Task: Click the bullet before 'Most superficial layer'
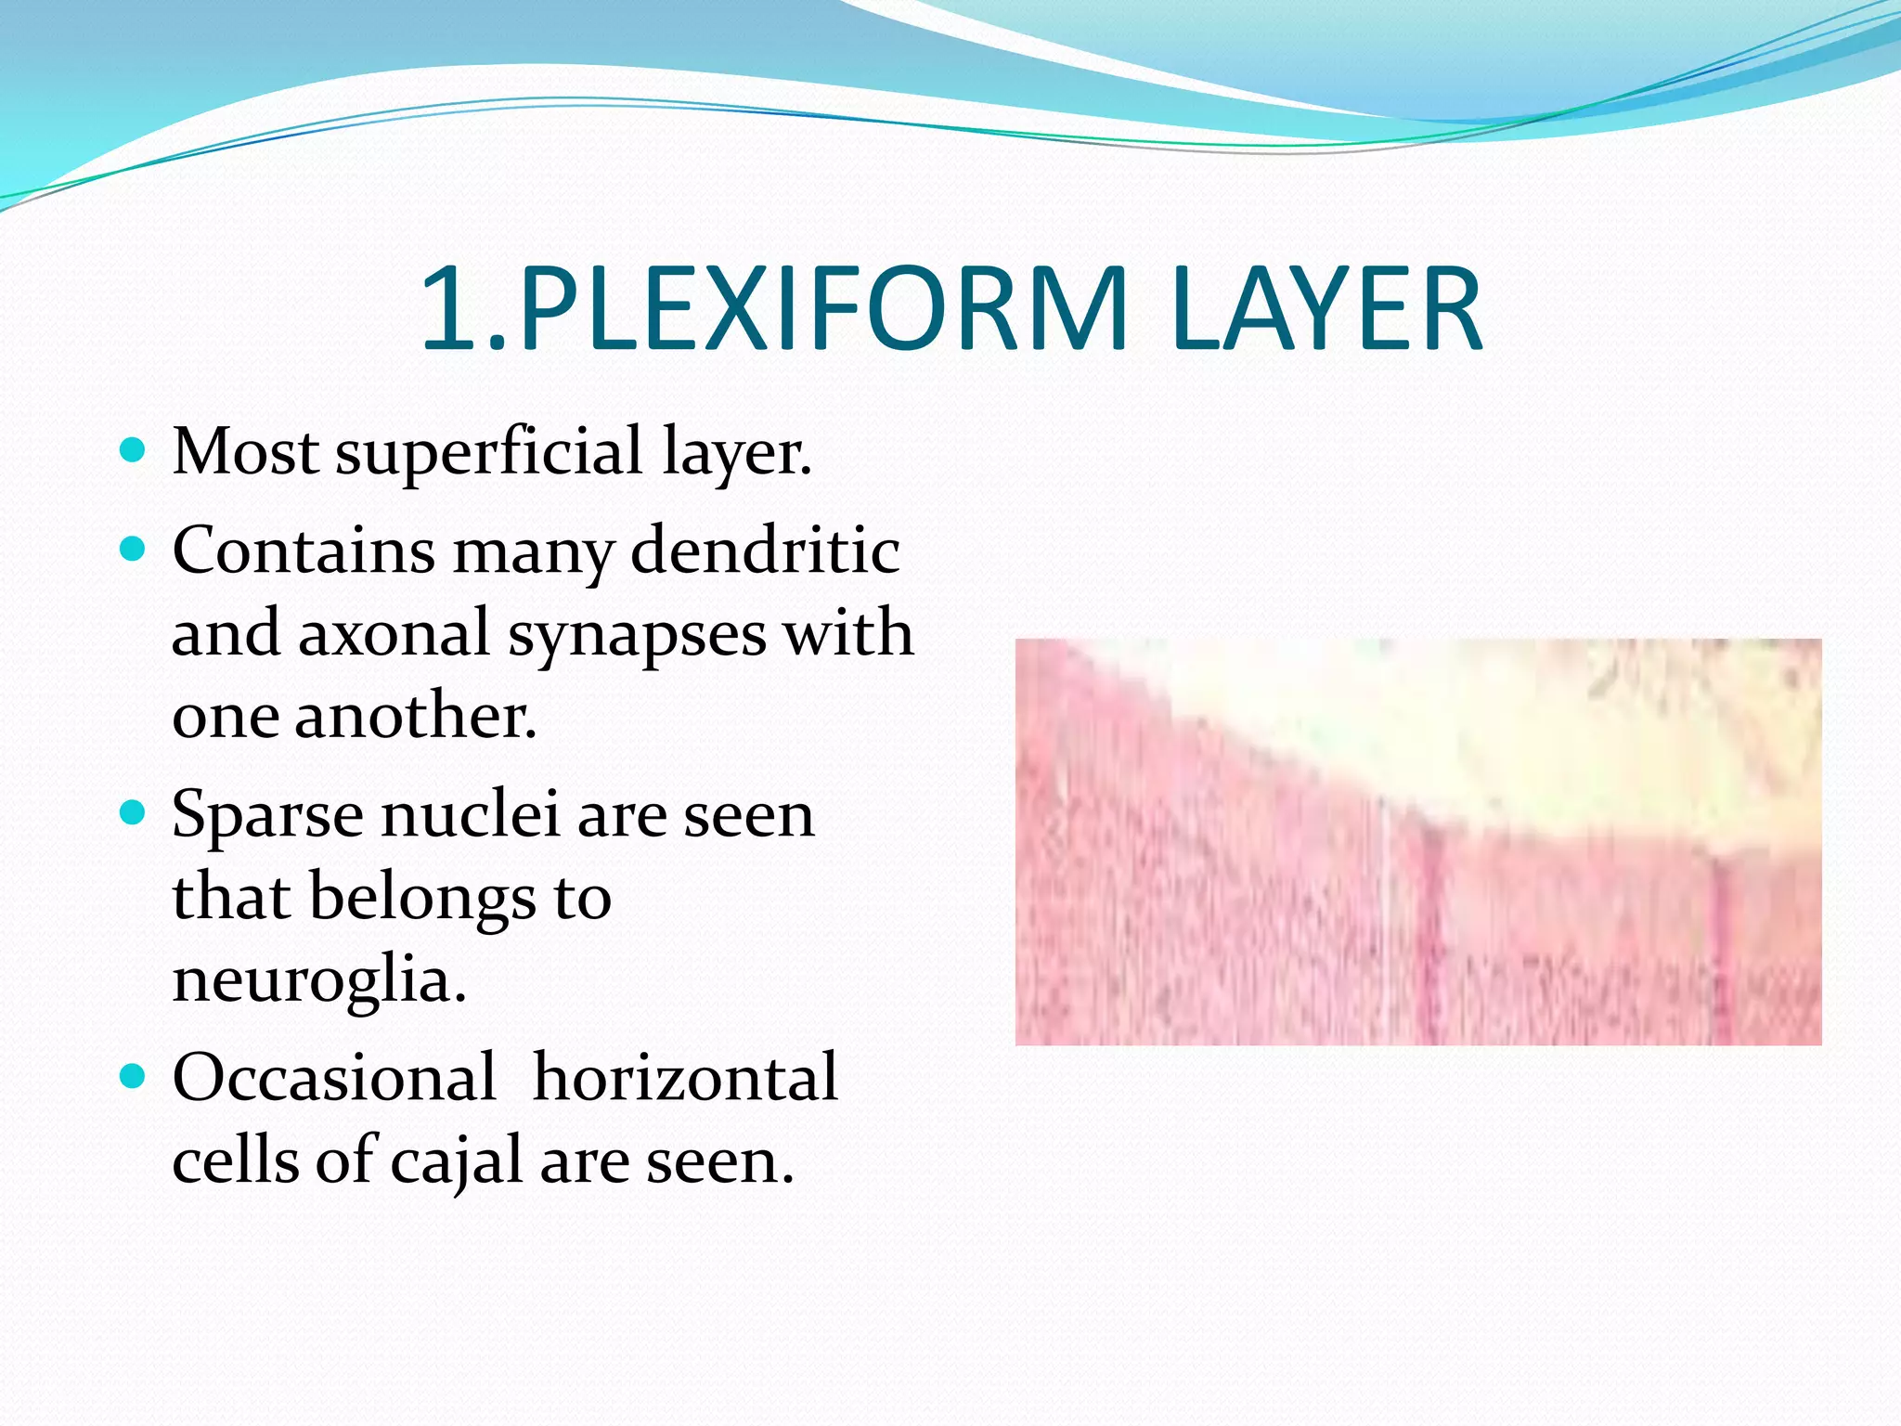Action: (134, 452)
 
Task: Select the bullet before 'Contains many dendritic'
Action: (134, 551)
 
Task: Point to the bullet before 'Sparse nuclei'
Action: (134, 814)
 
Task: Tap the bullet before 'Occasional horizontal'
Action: (134, 1077)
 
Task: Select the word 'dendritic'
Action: (765, 551)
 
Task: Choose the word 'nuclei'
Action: (470, 814)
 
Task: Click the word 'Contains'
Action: (303, 551)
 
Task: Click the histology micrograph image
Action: (1417, 841)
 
